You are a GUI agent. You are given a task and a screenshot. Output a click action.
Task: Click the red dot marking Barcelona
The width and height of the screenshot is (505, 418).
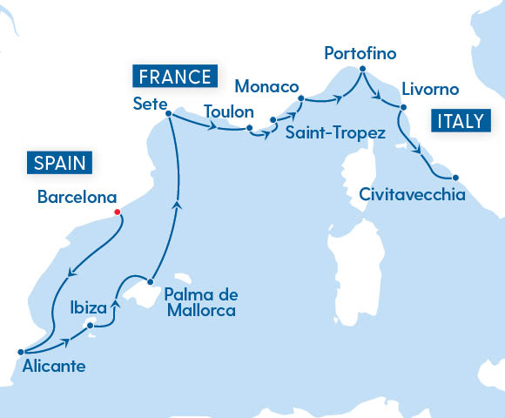click(x=117, y=211)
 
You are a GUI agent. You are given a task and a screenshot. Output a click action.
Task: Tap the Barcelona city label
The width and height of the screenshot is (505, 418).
click(x=76, y=197)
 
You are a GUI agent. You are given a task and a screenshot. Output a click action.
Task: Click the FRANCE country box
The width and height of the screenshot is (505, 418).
click(x=172, y=76)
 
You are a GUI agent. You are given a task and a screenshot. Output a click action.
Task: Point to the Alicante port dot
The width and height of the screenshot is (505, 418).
click(x=19, y=352)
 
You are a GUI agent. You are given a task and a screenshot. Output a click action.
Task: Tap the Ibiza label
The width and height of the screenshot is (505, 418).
click(x=88, y=307)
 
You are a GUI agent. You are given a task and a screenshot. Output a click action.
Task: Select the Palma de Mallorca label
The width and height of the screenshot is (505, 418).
click(x=200, y=301)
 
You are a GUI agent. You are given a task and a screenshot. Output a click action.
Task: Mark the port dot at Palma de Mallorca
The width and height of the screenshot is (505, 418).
click(x=151, y=281)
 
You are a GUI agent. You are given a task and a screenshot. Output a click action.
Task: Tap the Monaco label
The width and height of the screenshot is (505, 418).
click(x=267, y=87)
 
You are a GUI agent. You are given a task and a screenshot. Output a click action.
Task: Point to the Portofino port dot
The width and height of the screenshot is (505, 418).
click(x=360, y=74)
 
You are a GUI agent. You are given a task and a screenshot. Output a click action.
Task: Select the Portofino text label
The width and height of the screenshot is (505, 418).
click(x=360, y=54)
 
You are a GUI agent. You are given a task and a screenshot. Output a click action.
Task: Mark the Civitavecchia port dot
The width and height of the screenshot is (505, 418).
click(x=455, y=178)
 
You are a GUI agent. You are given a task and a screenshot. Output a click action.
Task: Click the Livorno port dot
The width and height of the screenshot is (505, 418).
click(x=402, y=106)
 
